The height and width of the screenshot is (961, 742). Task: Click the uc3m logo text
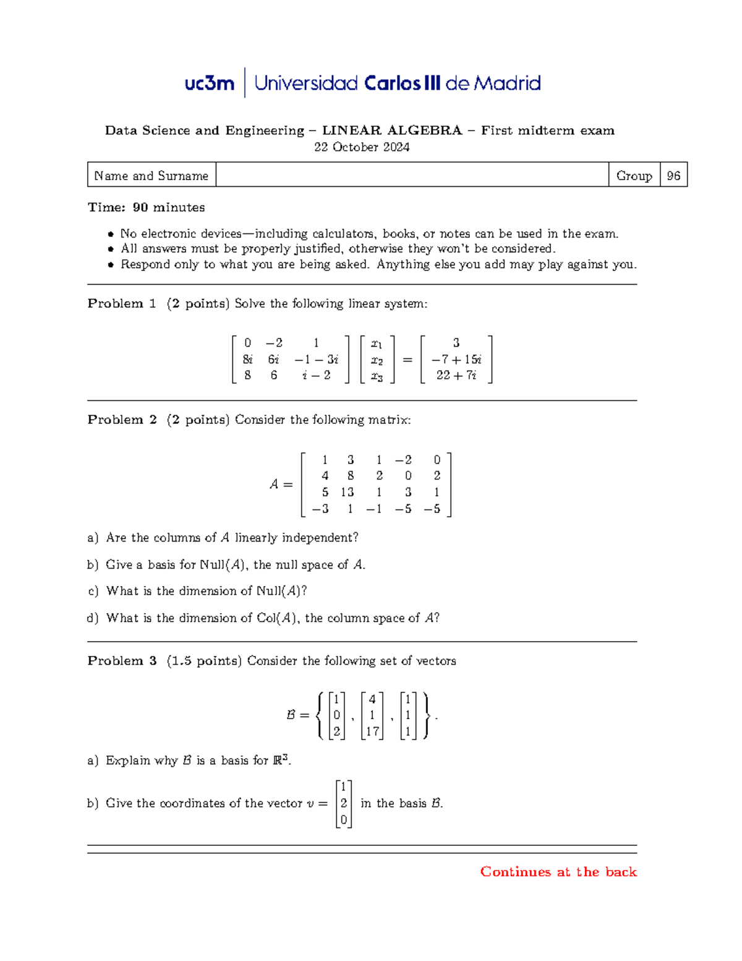pos(209,84)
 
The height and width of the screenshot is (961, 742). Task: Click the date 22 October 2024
pos(362,147)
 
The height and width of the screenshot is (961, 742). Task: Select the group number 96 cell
pos(673,176)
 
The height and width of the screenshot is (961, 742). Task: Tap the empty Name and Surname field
pos(412,176)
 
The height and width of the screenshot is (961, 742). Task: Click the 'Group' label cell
pos(634,176)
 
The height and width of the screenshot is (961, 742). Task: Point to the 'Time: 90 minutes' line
pos(146,207)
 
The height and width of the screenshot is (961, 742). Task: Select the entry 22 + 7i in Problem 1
pos(456,375)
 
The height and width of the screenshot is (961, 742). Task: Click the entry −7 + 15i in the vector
pos(456,360)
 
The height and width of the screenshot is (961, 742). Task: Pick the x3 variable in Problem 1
pos(377,376)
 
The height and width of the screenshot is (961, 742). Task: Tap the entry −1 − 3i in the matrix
pos(316,360)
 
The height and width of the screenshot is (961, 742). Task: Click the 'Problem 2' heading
pos(122,420)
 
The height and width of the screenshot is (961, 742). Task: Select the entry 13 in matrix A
pos(347,493)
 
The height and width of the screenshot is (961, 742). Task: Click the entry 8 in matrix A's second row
pos(351,476)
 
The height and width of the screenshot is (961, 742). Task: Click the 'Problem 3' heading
pos(122,661)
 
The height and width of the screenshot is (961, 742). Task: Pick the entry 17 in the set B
pos(372,731)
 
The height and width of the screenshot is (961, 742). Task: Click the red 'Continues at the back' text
pos(558,872)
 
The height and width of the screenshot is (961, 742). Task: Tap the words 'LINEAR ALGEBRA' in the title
pos(392,131)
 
